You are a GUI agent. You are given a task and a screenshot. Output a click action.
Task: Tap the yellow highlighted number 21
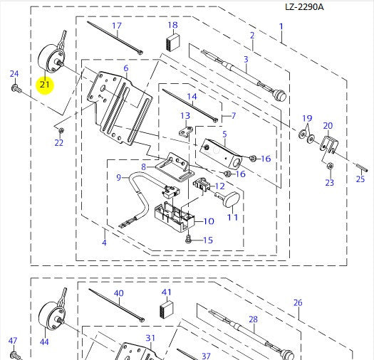point(45,85)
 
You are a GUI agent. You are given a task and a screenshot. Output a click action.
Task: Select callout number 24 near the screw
point(14,74)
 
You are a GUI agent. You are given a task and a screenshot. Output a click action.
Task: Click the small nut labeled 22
point(61,130)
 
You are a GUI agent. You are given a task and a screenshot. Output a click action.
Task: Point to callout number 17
point(115,26)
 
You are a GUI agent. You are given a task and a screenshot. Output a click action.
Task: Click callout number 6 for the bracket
point(125,68)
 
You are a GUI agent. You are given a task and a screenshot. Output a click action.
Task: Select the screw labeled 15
point(189,240)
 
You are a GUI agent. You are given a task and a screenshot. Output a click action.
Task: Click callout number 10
point(208,221)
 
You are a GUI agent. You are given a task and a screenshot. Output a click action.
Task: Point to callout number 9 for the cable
point(120,176)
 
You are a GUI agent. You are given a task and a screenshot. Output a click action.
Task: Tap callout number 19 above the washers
point(307,117)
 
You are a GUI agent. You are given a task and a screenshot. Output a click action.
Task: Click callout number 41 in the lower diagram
point(167,292)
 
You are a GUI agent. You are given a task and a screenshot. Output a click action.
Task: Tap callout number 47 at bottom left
point(12,341)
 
